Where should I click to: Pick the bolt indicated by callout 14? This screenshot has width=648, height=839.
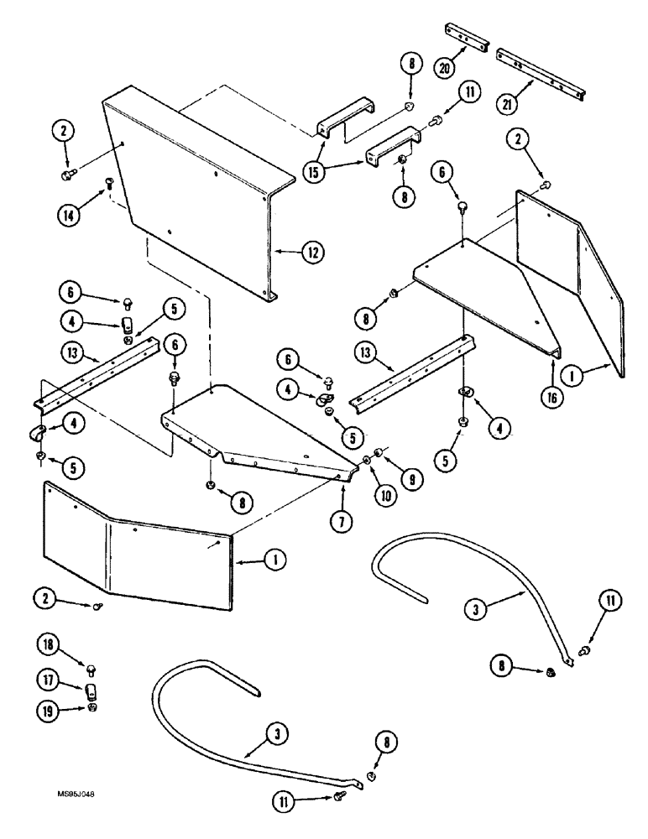[x=108, y=182]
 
